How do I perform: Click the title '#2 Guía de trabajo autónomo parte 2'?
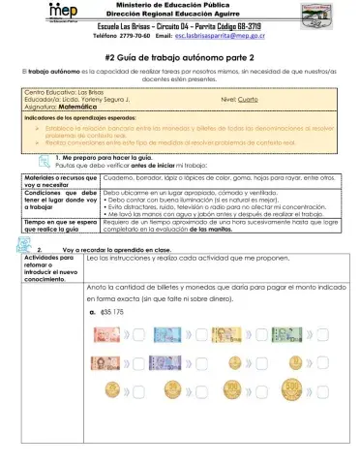[x=179, y=58]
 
